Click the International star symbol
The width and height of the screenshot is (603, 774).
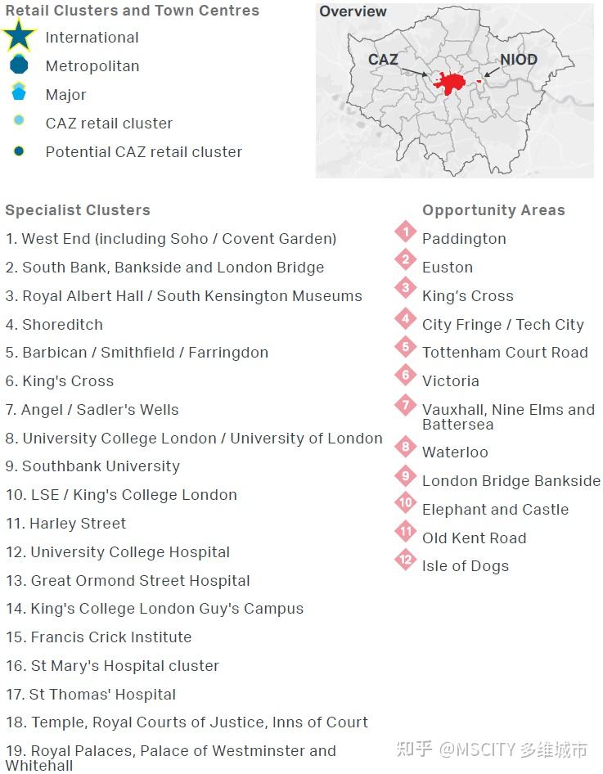click(x=19, y=35)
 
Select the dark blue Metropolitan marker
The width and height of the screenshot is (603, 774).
click(x=19, y=65)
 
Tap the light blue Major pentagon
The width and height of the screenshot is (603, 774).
click(x=19, y=92)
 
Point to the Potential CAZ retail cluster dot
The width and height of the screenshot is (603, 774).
click(x=19, y=151)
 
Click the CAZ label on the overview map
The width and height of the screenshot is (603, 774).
click(x=383, y=60)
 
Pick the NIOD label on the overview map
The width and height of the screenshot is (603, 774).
click(x=518, y=60)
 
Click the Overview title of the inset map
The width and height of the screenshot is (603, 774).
click(x=353, y=11)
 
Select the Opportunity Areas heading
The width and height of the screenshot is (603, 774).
click(x=493, y=210)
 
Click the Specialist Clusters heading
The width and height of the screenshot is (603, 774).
click(x=78, y=210)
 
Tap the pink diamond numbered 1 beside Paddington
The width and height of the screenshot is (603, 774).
click(x=405, y=232)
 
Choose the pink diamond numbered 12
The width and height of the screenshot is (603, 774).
click(x=405, y=560)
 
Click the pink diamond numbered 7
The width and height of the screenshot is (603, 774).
click(x=405, y=404)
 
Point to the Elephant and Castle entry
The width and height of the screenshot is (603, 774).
click(x=495, y=509)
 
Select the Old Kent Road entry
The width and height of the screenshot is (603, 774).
click(x=474, y=538)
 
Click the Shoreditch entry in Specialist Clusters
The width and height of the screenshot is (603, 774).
click(x=54, y=324)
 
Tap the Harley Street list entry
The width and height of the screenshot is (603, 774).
click(x=66, y=523)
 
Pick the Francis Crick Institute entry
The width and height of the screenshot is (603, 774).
click(x=99, y=637)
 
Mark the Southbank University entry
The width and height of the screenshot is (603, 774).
click(x=92, y=466)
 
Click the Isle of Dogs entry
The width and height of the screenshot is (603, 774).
click(x=465, y=565)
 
